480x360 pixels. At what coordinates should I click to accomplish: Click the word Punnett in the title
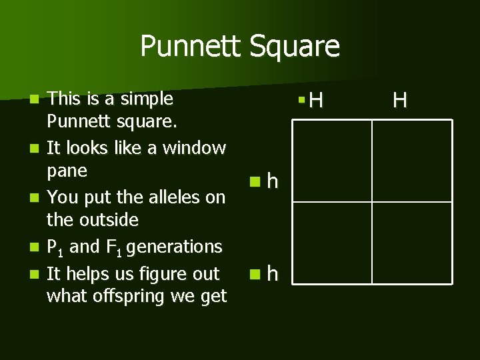pos(191,47)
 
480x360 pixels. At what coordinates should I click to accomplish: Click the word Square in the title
pos(294,47)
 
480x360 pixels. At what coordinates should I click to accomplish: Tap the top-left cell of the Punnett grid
pos(332,161)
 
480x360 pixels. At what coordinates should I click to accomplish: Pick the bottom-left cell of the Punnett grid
pos(332,243)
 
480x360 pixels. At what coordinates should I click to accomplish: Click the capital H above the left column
pos(317,101)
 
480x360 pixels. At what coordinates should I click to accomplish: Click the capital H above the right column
pos(400,101)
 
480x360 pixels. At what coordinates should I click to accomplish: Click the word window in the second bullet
pos(194,148)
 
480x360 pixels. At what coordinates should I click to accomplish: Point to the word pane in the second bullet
pos(67,171)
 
